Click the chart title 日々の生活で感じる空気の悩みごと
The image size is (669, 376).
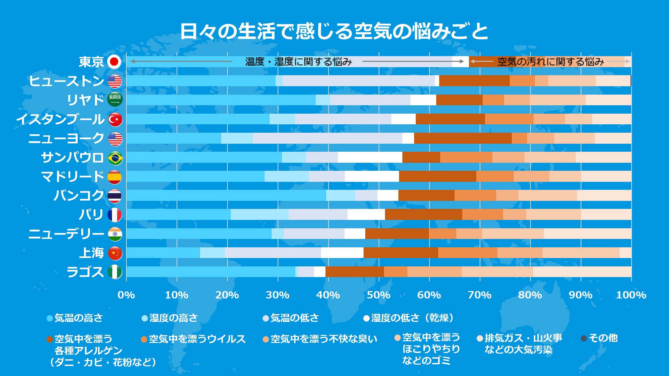(334, 31)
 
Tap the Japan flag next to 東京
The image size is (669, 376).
(114, 62)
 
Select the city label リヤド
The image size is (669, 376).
(86, 100)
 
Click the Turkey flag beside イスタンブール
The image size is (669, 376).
(115, 119)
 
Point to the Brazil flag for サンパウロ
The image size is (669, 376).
(115, 158)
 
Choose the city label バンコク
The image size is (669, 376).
(79, 196)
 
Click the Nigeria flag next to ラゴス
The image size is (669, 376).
(115, 272)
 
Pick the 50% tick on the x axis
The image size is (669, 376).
(379, 295)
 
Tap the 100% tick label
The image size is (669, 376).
(631, 295)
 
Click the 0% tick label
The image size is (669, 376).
(126, 295)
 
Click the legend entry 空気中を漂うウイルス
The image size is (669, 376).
(197, 339)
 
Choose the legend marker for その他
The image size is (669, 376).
(584, 338)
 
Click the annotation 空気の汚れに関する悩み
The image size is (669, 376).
(550, 61)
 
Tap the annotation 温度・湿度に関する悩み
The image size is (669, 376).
(298, 61)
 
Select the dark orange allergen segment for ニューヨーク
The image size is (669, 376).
(463, 138)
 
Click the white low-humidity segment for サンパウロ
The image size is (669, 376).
(370, 157)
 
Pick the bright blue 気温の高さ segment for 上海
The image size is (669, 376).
(163, 253)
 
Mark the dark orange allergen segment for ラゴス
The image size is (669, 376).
(355, 272)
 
